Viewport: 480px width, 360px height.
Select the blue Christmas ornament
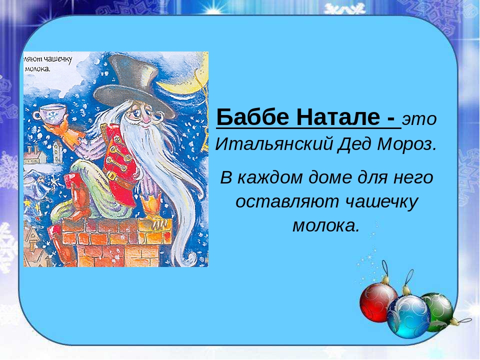point(408,315)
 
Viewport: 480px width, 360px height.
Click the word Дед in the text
point(355,145)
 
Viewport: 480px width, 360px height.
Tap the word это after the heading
point(420,120)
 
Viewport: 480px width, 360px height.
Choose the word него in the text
point(414,177)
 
